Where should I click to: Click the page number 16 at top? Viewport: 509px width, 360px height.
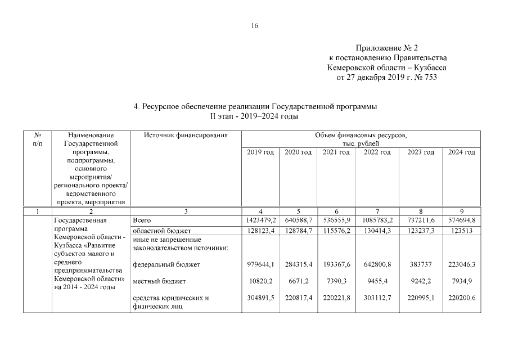[x=254, y=26]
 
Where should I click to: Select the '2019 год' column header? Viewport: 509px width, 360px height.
[x=260, y=152]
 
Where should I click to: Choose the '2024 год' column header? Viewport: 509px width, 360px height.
[x=461, y=152]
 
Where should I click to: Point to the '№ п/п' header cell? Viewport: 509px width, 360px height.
[x=38, y=139]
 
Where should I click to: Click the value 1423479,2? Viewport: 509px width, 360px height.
[x=260, y=220]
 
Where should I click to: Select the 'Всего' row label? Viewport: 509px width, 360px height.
[x=141, y=220]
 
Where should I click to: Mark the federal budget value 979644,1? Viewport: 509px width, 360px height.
[x=260, y=264]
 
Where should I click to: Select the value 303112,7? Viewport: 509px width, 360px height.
[x=377, y=298]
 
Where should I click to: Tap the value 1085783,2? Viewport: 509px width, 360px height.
[x=377, y=220]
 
